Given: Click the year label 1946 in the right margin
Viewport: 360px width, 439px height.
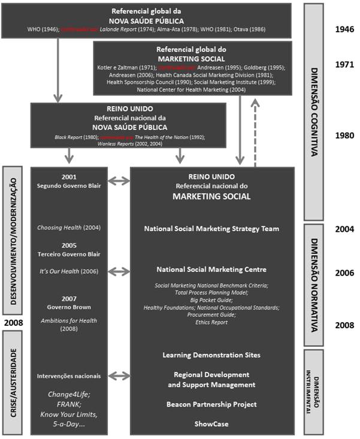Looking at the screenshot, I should pos(344,29).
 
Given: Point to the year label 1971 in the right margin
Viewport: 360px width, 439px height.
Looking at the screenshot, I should pos(344,63).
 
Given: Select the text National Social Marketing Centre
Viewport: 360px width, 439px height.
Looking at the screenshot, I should pos(211,270).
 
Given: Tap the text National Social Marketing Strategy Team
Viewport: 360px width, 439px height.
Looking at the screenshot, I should pos(211,229).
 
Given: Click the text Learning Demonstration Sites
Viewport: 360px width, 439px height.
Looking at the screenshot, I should pos(211,355).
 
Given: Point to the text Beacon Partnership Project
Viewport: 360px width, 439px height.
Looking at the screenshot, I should pos(211,404).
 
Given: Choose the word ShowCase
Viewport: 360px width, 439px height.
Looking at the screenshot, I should pos(211,424).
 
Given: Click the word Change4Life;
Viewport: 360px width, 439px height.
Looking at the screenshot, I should pos(68,395).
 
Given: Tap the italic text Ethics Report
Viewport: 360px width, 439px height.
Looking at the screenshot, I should pos(211,322).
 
